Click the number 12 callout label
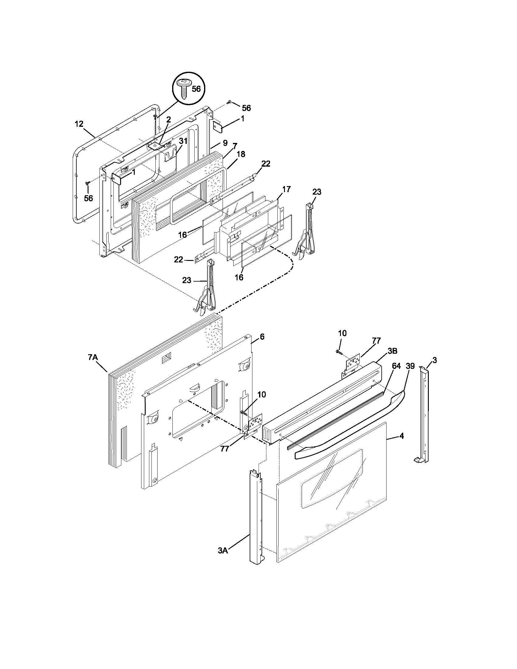pos(79,124)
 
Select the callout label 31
pos(183,141)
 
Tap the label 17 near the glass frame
pos(286,189)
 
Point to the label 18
pos(241,154)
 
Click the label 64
pos(396,366)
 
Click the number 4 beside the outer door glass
pos(401,436)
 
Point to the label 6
pos(262,337)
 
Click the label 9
pos(225,143)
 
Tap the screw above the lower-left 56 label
pos(88,183)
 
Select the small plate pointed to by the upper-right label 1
pos(217,126)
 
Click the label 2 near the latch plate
pos(168,120)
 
